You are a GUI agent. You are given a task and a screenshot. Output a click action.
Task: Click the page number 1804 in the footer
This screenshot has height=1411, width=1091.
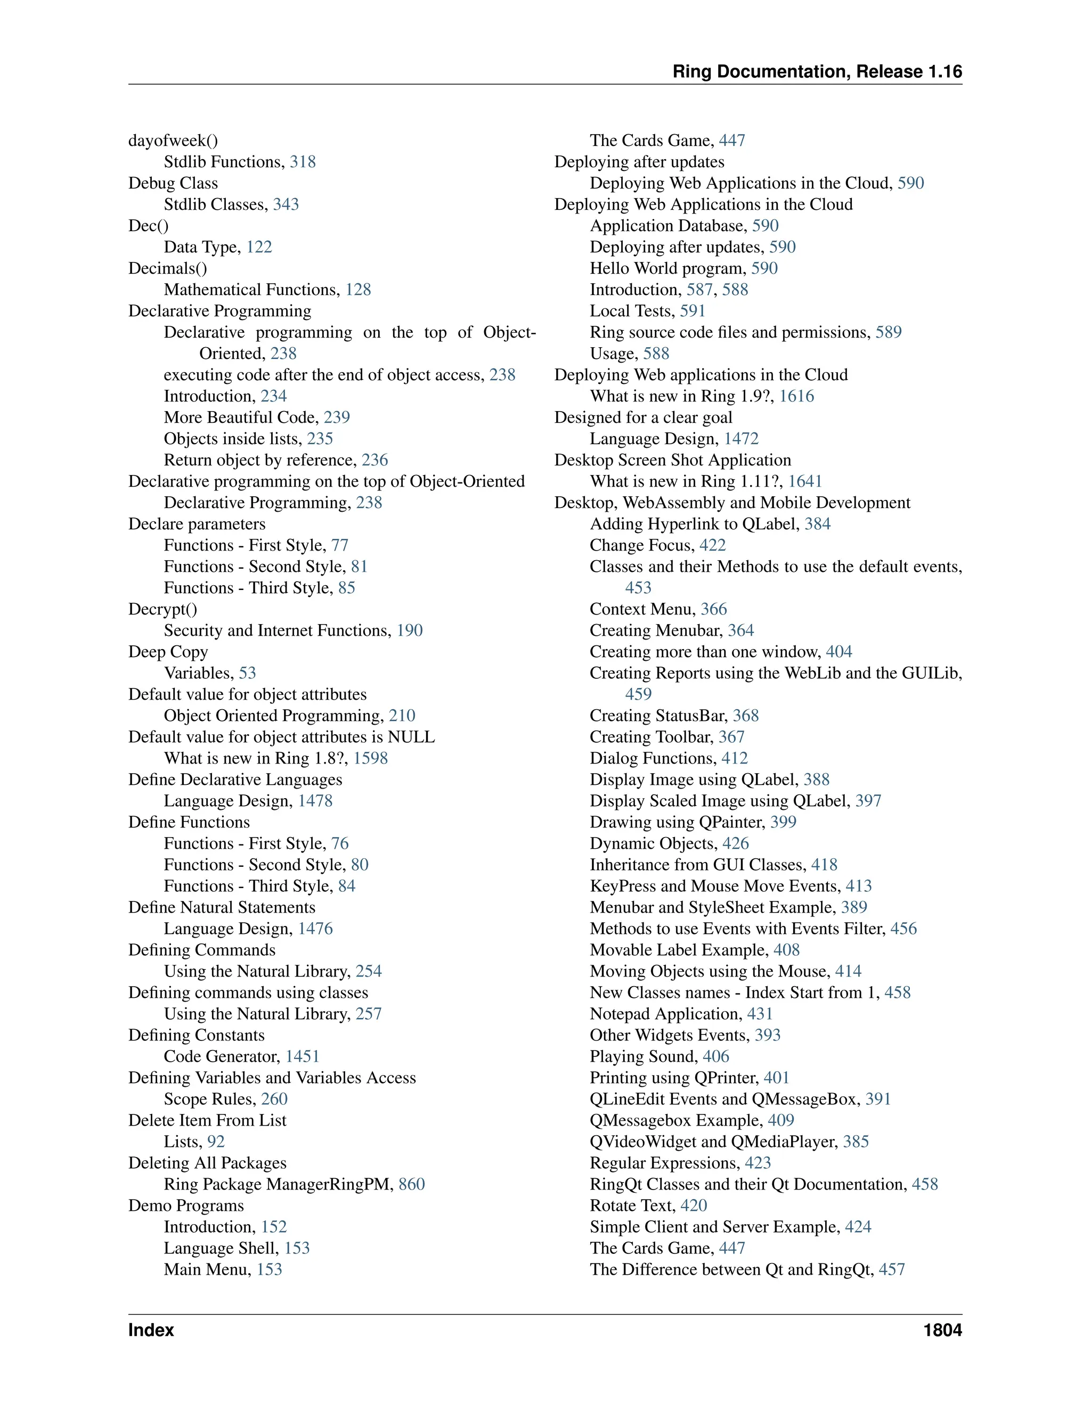click(x=942, y=1330)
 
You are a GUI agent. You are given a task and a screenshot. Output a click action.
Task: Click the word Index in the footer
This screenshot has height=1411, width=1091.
click(x=151, y=1330)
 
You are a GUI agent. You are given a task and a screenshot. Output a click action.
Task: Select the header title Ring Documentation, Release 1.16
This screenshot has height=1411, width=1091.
click(x=817, y=72)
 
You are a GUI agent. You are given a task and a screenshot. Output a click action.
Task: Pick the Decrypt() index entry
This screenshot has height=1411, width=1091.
click(x=162, y=609)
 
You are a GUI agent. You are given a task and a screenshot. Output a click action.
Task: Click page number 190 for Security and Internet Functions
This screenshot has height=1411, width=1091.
click(x=409, y=630)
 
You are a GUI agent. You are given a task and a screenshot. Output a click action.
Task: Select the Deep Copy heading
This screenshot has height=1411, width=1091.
click(x=168, y=652)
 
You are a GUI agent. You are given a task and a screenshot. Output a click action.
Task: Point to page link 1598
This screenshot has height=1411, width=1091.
click(x=370, y=758)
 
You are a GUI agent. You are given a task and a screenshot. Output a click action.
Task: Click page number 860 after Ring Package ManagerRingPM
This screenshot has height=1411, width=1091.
click(x=412, y=1184)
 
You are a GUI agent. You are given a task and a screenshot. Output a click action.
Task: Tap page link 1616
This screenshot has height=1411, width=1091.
click(x=796, y=396)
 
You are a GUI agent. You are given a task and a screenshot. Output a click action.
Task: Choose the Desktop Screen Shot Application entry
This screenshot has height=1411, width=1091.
click(x=672, y=460)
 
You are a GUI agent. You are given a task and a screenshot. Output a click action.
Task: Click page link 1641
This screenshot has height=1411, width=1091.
click(x=805, y=481)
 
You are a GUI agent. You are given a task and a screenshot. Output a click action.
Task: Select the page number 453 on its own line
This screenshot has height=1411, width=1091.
click(x=638, y=588)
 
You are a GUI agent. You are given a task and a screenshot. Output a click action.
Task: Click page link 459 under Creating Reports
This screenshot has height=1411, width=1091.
click(x=638, y=694)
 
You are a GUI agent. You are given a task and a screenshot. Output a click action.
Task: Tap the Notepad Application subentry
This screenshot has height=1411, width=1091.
click(x=666, y=1014)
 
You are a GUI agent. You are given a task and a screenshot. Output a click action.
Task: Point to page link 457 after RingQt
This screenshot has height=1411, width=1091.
click(x=891, y=1269)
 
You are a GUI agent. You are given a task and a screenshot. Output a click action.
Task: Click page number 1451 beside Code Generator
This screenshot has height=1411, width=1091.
click(x=303, y=1056)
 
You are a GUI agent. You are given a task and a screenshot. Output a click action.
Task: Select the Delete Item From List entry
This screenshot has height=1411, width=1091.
click(x=207, y=1120)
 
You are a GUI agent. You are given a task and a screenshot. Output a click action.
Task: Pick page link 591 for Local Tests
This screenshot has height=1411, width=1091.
click(x=692, y=311)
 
